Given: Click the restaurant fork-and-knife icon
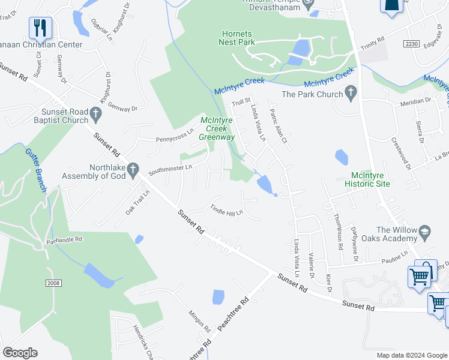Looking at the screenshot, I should click(40, 27).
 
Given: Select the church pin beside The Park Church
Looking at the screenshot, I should click(351, 93).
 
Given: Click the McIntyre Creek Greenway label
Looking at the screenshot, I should click(217, 128).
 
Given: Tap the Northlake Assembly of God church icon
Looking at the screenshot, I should click(133, 169).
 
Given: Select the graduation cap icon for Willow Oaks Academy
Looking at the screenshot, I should click(424, 231).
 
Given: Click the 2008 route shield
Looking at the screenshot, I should click(53, 282).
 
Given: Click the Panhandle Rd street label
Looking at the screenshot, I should click(64, 240).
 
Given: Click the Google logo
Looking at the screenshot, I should click(20, 353).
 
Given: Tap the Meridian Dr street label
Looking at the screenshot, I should click(415, 101).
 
